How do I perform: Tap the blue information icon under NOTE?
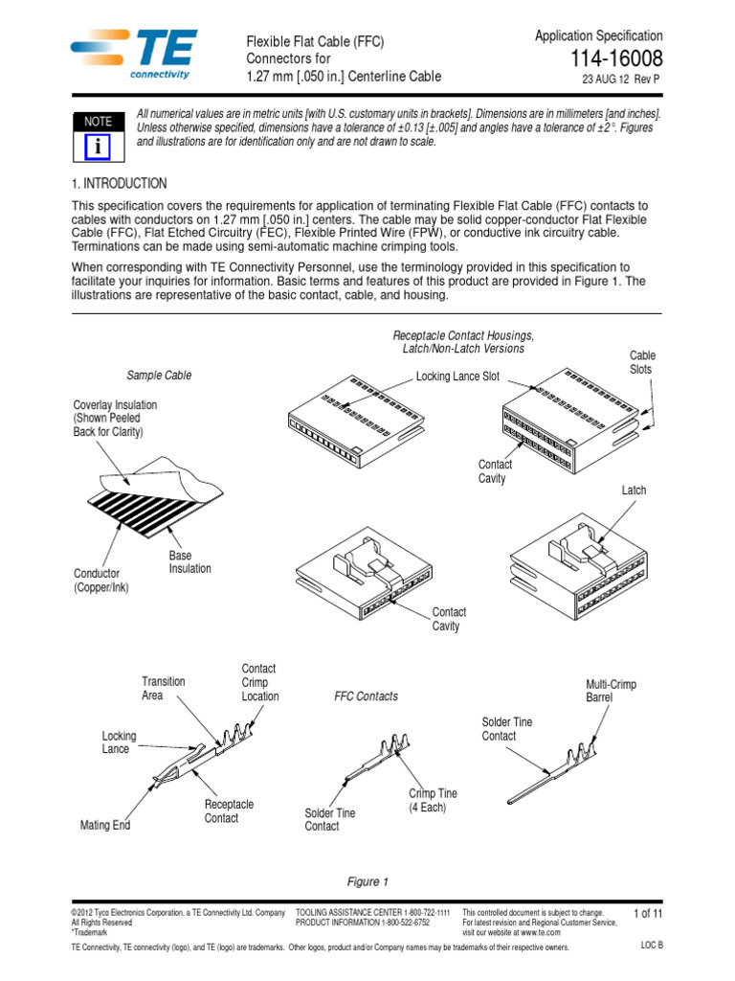[98, 146]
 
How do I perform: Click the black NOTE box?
[98, 122]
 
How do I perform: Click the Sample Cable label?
[159, 376]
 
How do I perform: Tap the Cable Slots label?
[642, 362]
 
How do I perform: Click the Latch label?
[634, 490]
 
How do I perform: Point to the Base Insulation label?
[189, 562]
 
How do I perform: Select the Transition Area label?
[164, 688]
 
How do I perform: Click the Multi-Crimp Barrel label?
[611, 692]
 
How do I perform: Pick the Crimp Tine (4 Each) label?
[433, 801]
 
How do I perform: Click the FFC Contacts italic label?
[366, 696]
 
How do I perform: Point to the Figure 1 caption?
[367, 881]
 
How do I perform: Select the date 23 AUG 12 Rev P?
[621, 80]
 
